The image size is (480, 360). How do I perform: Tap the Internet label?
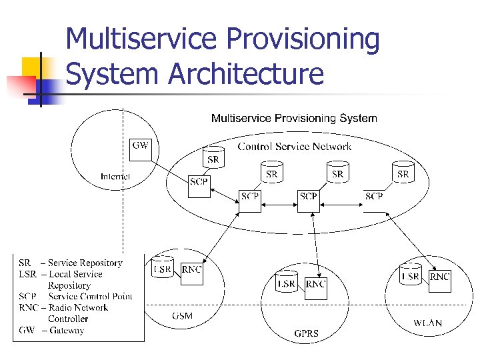[x=115, y=177]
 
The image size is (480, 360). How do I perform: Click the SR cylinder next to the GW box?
[x=213, y=157]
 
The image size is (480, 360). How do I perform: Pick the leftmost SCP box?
[x=199, y=185]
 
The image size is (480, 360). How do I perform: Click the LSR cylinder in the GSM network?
[x=163, y=268]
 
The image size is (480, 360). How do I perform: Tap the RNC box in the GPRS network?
[x=315, y=283]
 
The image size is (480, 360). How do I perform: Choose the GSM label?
[x=182, y=315]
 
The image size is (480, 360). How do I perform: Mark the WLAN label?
[x=427, y=323]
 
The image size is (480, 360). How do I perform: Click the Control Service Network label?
[x=294, y=147]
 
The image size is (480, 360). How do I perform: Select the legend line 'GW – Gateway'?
[x=51, y=331]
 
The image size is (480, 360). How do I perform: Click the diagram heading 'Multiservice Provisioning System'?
[x=294, y=119]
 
